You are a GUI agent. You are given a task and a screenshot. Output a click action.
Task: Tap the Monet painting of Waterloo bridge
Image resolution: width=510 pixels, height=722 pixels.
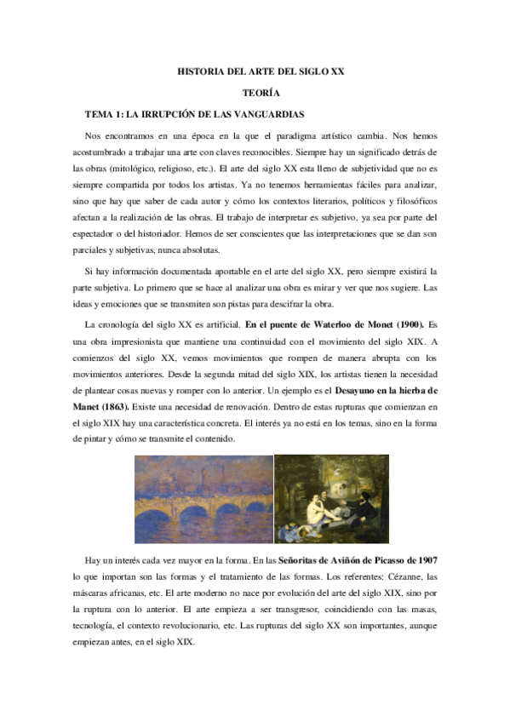point(203,497)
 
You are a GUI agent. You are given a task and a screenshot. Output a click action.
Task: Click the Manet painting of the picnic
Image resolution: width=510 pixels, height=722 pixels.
point(331,497)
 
